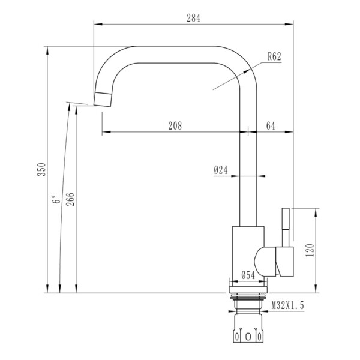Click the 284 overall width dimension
pyautogui.click(x=193, y=18)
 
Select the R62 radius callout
pyautogui.click(x=274, y=56)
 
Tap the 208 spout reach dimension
pyautogui.click(x=175, y=126)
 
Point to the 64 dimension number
pyautogui.click(x=271, y=126)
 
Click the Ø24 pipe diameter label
pyautogui.click(x=221, y=170)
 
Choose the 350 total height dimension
pyautogui.click(x=41, y=169)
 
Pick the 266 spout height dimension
pyautogui.click(x=70, y=199)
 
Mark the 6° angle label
pyautogui.click(x=56, y=200)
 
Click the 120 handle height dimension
pyautogui.click(x=310, y=250)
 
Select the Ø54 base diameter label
pyautogui.click(x=248, y=275)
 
